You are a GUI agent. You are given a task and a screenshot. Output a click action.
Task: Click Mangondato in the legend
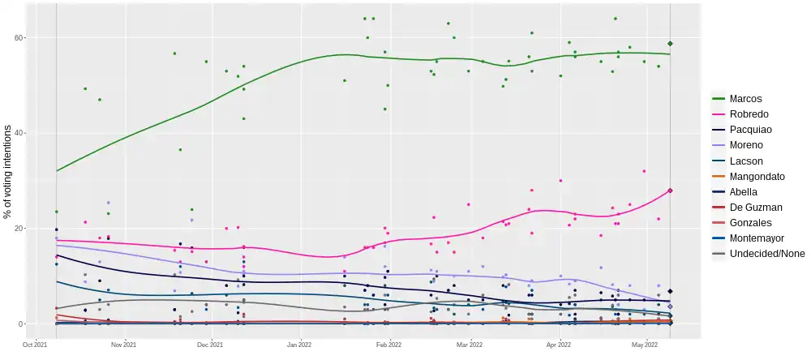click(x=757, y=176)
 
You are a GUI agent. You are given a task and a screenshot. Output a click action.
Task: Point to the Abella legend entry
click(x=744, y=191)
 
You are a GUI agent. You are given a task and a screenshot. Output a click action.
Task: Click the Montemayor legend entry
click(x=757, y=238)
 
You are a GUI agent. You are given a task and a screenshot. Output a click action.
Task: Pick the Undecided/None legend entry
click(x=767, y=254)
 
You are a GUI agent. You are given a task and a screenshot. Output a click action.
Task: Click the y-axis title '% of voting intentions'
click(x=7, y=171)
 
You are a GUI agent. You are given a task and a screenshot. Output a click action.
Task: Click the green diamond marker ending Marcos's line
click(x=671, y=44)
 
